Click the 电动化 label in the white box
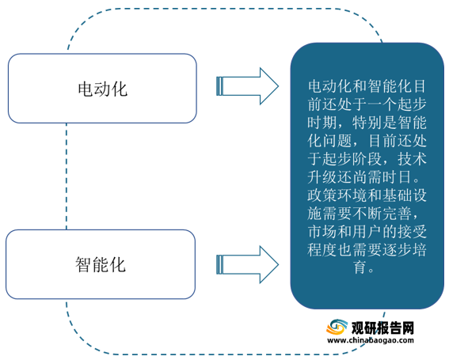coord(102,89)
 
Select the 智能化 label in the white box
coord(101,264)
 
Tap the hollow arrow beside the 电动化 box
coord(247,86)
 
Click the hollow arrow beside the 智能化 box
coord(247,264)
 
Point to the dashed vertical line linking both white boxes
coord(67,176)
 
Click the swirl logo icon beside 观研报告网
coord(337,327)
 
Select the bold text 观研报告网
coord(382,328)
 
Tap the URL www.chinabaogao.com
coord(371,340)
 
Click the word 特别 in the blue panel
coord(367,123)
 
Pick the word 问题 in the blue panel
coord(337,141)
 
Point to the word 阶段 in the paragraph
coord(367,159)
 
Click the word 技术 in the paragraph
coord(412,159)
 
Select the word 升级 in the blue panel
coord(322,177)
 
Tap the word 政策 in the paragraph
coord(322,195)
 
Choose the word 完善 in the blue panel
coord(397,214)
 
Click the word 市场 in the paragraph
coord(322,232)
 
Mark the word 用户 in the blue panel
coord(367,232)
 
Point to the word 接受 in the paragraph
coord(412,232)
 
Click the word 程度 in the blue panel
coord(322,250)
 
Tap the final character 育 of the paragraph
coord(360,268)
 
